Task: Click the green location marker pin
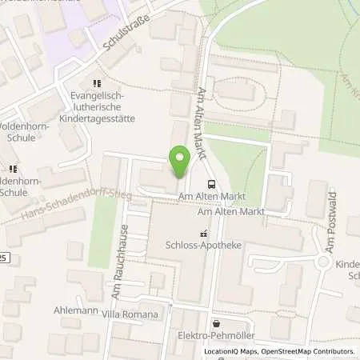179,163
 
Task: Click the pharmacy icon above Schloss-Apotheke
202,234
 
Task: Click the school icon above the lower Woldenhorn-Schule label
12,170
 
